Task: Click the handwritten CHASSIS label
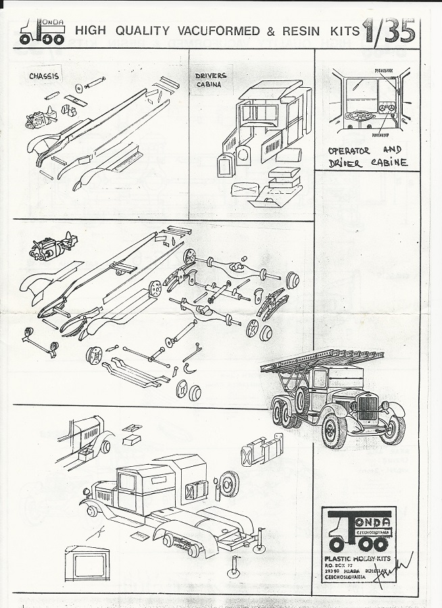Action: click(x=44, y=76)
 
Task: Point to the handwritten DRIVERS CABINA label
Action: click(x=212, y=80)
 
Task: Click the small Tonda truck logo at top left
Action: click(x=42, y=32)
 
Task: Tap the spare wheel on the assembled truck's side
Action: click(x=301, y=399)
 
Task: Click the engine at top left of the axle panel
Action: click(x=51, y=247)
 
